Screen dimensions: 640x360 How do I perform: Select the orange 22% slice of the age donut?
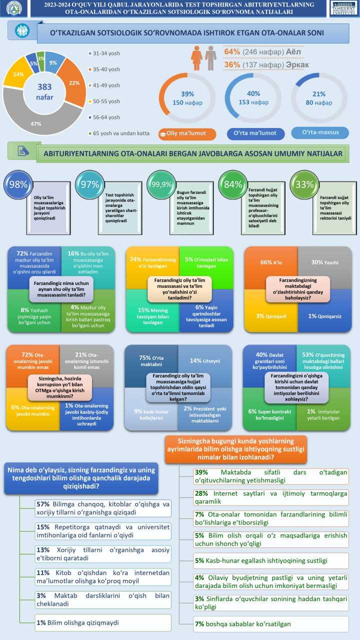coord(73,82)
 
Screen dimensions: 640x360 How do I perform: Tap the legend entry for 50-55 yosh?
coord(106,101)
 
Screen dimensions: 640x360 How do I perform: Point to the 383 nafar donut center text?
coord(44,91)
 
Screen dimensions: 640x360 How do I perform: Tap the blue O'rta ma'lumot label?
coord(255,134)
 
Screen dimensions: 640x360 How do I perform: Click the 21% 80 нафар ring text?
coord(318,98)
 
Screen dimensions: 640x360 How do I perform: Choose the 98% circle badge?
coord(18,184)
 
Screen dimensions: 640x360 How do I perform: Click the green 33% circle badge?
coord(305,184)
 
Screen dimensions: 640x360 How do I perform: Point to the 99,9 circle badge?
coord(162,184)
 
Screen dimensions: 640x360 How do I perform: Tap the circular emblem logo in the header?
coord(13,8)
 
